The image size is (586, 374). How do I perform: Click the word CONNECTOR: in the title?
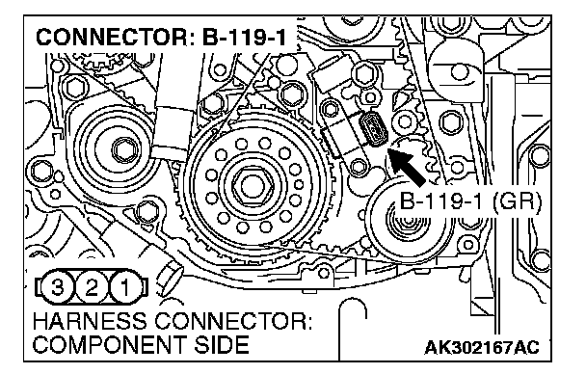(x=116, y=38)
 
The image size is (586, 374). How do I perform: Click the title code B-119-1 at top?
(x=244, y=38)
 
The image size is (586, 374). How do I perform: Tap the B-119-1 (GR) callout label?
(x=470, y=201)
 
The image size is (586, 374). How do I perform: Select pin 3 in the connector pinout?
(x=57, y=287)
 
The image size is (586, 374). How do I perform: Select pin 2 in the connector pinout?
(x=91, y=287)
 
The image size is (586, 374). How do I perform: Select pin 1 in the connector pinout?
(x=125, y=287)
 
